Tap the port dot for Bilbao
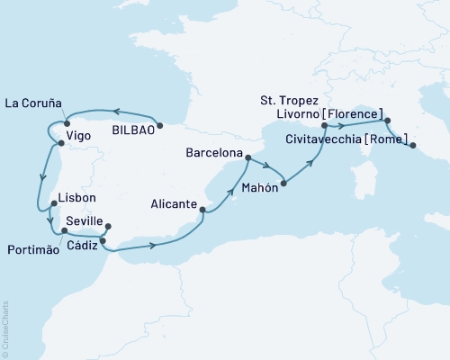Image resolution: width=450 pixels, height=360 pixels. pyautogui.click(x=159, y=126)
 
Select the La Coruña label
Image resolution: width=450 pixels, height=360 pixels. pyautogui.click(x=34, y=103)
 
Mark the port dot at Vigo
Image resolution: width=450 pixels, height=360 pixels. pyautogui.click(x=59, y=142)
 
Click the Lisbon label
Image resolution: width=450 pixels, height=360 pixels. pyautogui.click(x=76, y=197)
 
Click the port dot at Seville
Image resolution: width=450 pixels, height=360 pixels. pyautogui.click(x=108, y=227)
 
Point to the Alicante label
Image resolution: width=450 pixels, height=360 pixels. pyautogui.click(x=173, y=204)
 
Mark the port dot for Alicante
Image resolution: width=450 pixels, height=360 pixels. pyautogui.click(x=202, y=211)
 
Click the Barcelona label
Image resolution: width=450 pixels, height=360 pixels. pyautogui.click(x=214, y=153)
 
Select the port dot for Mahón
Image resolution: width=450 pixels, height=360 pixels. pyautogui.click(x=283, y=184)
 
